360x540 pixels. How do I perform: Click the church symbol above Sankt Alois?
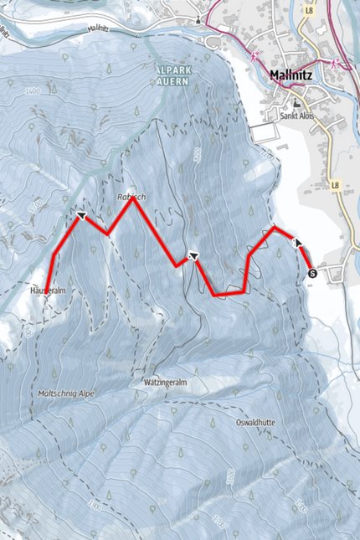click(294, 103)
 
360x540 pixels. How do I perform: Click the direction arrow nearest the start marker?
click(296, 242)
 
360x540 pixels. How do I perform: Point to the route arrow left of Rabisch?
click(81, 215)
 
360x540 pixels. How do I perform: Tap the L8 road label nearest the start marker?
click(336, 184)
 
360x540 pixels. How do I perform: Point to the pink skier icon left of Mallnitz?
click(252, 55)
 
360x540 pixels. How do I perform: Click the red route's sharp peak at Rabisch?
click(132, 199)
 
